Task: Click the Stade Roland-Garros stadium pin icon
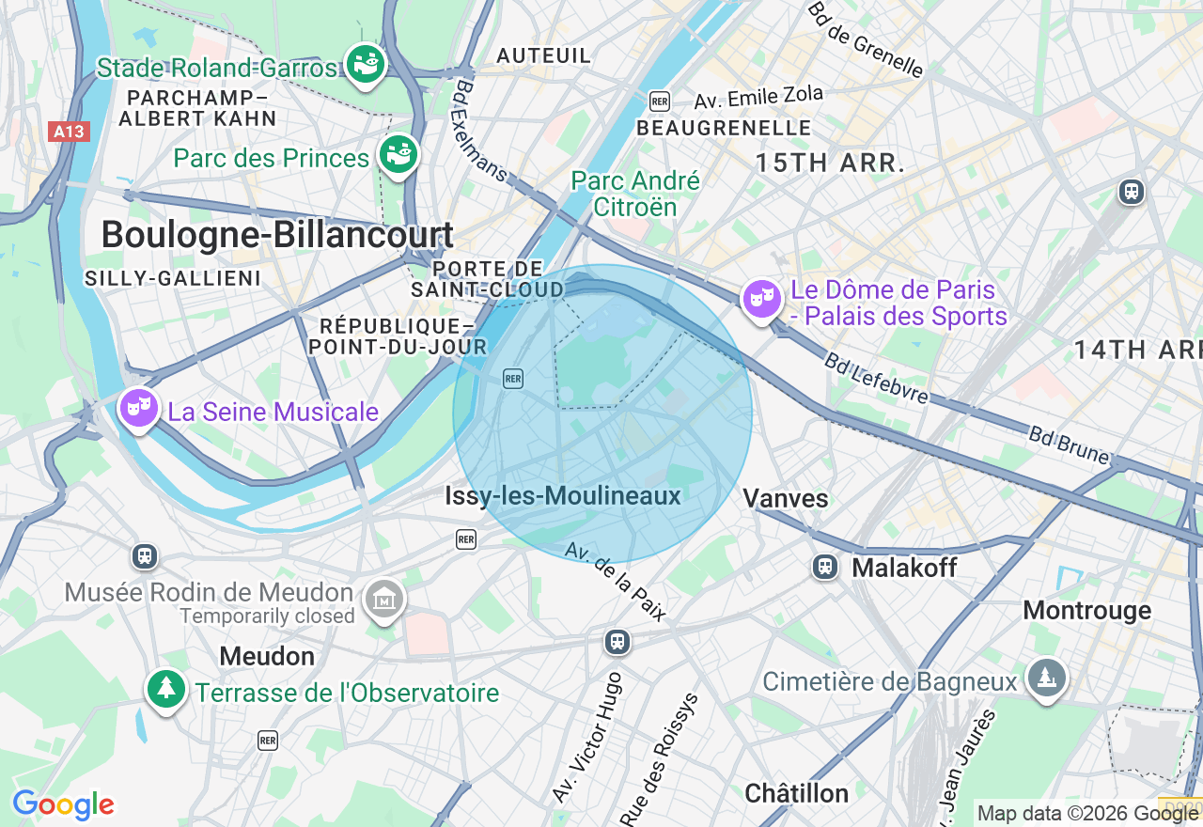tap(365, 64)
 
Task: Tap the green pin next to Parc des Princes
tap(398, 155)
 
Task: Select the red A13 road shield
tap(69, 132)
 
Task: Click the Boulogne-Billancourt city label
tap(277, 235)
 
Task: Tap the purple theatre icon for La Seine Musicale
tap(139, 409)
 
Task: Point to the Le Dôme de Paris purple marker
tap(762, 300)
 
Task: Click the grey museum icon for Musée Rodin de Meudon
tap(383, 599)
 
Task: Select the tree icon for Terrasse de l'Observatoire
tap(166, 690)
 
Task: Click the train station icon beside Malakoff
tap(825, 567)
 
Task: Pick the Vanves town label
tap(786, 499)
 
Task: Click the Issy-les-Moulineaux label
tap(562, 496)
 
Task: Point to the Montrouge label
tap(1086, 611)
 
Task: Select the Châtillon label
tap(796, 793)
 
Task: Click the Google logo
tap(63, 805)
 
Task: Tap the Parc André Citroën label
tap(635, 194)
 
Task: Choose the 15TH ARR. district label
tap(830, 163)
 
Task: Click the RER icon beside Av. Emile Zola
tap(660, 101)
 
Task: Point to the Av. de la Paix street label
tap(616, 582)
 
